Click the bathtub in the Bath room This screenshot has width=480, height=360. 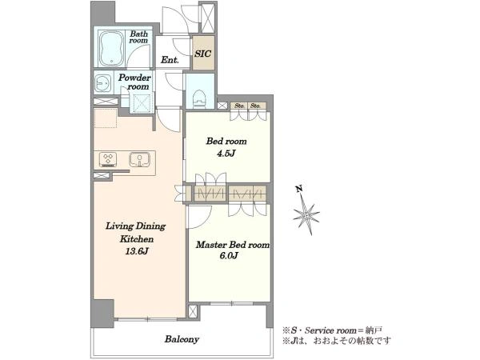[111, 48]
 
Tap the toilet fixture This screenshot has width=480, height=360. [200, 98]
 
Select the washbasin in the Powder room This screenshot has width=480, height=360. [102, 82]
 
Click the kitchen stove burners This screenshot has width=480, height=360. [108, 159]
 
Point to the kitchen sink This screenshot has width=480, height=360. [139, 159]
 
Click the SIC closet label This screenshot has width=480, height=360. [202, 54]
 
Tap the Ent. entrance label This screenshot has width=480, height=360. [170, 60]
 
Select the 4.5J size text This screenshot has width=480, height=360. [226, 154]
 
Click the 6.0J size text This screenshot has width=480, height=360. [229, 256]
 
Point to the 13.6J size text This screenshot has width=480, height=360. [137, 251]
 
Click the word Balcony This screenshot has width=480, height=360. [182, 339]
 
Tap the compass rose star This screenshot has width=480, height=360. [306, 215]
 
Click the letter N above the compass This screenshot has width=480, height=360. [299, 189]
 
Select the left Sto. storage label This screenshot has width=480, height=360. [239, 106]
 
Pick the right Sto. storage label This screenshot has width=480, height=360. [255, 106]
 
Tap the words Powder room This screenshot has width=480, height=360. [134, 82]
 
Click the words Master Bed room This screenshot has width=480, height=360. [233, 245]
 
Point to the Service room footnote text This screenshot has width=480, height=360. [331, 330]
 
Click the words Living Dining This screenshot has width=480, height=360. [136, 226]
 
